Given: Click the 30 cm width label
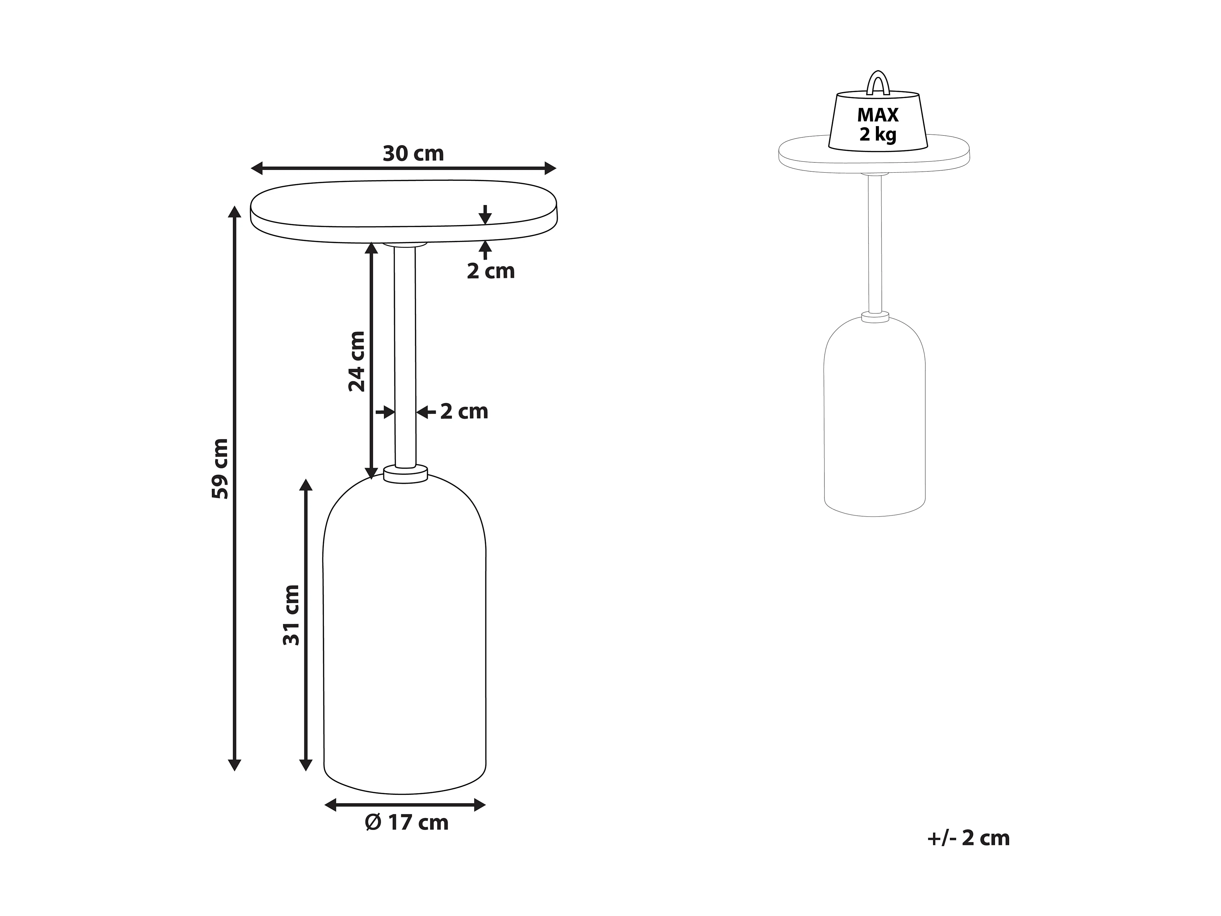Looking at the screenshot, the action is (x=413, y=153).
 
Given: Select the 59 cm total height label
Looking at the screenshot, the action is (x=220, y=469).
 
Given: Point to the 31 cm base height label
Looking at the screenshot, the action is (x=291, y=615).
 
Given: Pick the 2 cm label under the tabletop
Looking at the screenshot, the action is (x=491, y=271).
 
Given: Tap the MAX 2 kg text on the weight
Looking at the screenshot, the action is (x=878, y=125).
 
